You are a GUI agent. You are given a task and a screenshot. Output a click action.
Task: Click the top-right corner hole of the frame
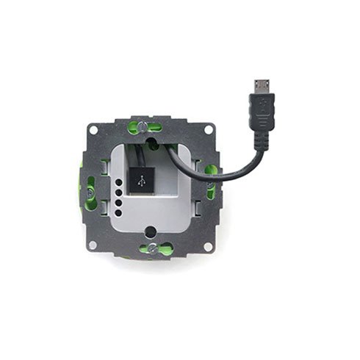click(208, 130)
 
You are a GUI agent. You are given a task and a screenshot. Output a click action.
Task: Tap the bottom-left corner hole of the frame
click(93, 244)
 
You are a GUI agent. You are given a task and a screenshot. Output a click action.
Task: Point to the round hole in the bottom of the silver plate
click(151, 231)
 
